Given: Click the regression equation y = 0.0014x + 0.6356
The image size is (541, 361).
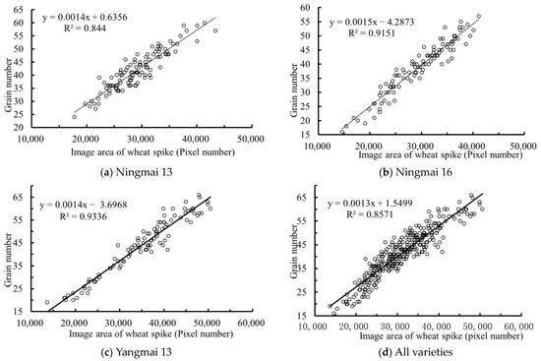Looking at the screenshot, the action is click(x=85, y=18).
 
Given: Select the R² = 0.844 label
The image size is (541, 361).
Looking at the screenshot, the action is click(x=85, y=28).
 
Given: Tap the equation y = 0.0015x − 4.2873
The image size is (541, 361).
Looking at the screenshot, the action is click(x=372, y=23).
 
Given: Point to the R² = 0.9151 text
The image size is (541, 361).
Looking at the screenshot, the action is click(x=372, y=33).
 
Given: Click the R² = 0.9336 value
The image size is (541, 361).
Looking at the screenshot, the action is click(x=84, y=216).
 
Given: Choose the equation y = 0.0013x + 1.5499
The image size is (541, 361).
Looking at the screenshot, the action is click(x=370, y=204).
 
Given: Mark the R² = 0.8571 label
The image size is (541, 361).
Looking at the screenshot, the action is click(x=370, y=214).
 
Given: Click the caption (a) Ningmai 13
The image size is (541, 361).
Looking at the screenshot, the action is click(x=136, y=171).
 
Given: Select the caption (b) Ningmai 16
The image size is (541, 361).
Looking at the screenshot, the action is click(x=415, y=171).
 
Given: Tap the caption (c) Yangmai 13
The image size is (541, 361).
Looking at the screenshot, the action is click(x=136, y=352).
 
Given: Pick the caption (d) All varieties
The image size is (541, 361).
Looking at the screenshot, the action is click(x=415, y=352).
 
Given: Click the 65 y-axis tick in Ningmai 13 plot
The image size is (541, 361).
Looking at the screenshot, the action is click(x=19, y=10).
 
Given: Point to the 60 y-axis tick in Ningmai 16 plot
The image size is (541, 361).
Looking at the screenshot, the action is click(x=306, y=7).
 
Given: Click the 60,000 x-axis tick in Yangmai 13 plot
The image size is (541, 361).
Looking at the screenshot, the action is click(x=252, y=323).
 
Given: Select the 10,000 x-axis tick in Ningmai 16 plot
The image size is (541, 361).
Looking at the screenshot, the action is click(x=317, y=146).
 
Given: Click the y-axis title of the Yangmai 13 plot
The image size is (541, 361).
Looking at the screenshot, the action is click(x=8, y=260).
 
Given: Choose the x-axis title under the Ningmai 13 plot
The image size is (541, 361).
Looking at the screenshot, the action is click(x=152, y=151).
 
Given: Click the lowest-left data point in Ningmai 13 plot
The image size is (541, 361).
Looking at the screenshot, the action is click(x=74, y=117).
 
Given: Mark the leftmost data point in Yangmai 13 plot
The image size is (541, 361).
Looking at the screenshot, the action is click(x=47, y=302).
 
